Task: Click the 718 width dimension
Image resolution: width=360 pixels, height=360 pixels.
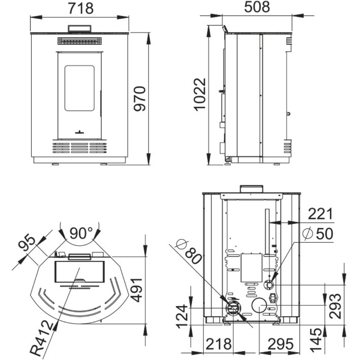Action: pyautogui.click(x=81, y=9)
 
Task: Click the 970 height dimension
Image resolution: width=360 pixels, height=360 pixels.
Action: pyautogui.click(x=140, y=99)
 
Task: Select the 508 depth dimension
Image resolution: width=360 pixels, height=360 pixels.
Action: pyautogui.click(x=257, y=7)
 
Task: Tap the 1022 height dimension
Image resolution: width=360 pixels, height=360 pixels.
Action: pyautogui.click(x=200, y=95)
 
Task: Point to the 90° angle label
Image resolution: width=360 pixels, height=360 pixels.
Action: pyautogui.click(x=81, y=233)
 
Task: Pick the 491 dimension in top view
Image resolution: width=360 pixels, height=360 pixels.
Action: pyautogui.click(x=136, y=290)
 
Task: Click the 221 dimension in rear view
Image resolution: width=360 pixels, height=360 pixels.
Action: pyautogui.click(x=320, y=214)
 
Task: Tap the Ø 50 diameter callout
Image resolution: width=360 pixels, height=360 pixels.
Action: pyautogui.click(x=318, y=234)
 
